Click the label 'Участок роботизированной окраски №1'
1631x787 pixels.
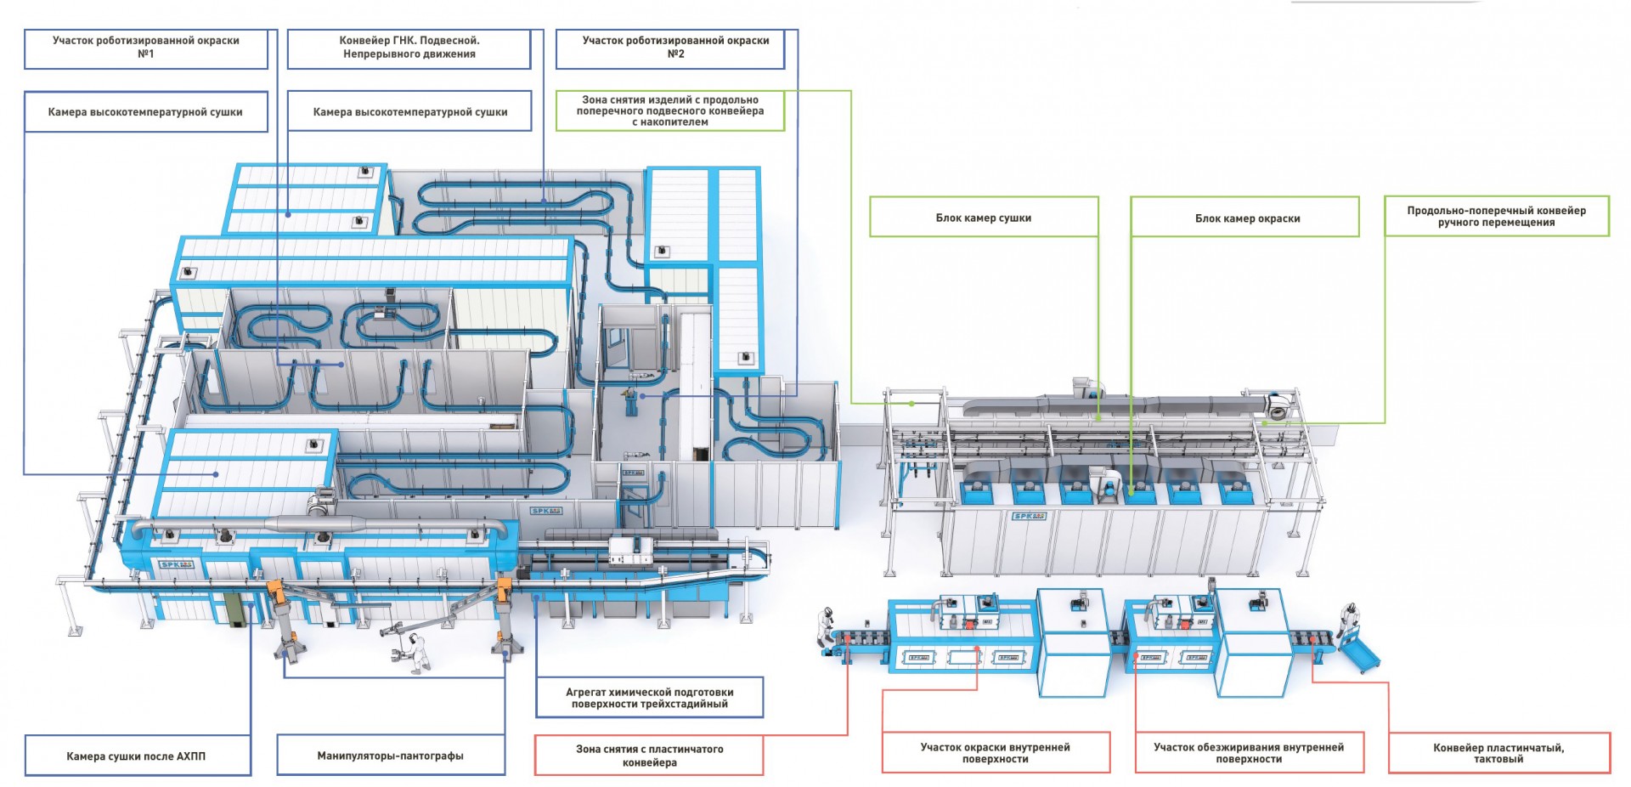point(146,48)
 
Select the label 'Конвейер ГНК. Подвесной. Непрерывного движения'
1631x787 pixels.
point(409,48)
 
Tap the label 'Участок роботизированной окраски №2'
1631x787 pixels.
point(675,48)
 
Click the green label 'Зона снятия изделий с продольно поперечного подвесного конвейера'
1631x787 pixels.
point(670,111)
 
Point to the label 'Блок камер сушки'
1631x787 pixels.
point(984,218)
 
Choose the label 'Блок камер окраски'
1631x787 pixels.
point(1247,218)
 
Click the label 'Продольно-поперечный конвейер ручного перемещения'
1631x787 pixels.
point(1496,217)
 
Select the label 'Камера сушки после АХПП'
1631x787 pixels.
point(136,756)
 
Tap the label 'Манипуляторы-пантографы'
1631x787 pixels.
point(390,756)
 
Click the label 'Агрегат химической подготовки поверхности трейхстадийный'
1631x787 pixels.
point(650,698)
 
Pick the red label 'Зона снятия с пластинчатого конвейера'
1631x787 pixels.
point(650,756)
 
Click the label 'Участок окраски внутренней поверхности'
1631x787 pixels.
point(995,753)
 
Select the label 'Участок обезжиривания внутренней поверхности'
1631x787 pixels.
point(1249,753)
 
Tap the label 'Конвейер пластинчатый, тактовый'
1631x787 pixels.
point(1498,754)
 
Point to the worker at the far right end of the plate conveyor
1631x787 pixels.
point(1346,625)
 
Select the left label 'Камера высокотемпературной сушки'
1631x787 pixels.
point(145,112)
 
